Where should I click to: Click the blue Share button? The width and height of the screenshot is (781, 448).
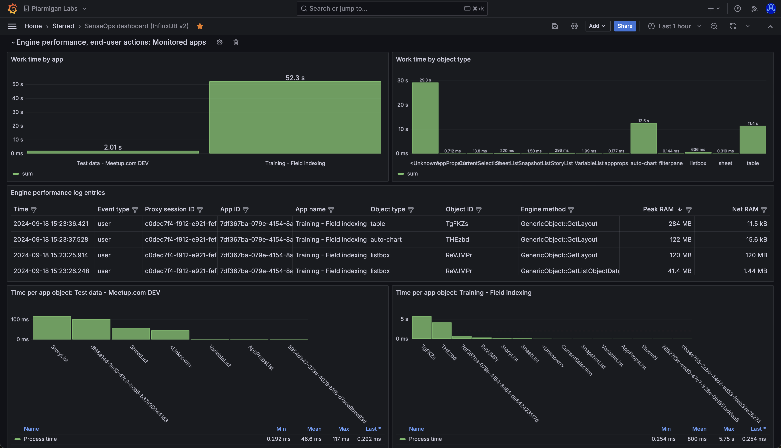(x=625, y=26)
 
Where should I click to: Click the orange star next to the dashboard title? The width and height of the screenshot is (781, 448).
(x=200, y=26)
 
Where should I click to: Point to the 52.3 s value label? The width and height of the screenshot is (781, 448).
(x=295, y=78)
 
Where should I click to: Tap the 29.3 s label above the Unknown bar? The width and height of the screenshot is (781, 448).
(x=425, y=80)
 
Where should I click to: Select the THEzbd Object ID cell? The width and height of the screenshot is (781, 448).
(x=457, y=239)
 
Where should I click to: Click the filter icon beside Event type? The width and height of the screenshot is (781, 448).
(x=135, y=210)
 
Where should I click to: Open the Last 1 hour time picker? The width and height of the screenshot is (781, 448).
(x=674, y=26)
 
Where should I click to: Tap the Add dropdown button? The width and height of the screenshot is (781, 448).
(x=597, y=26)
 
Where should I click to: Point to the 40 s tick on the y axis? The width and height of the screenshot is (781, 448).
(x=18, y=98)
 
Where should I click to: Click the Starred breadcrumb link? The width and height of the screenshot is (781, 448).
(x=63, y=26)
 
